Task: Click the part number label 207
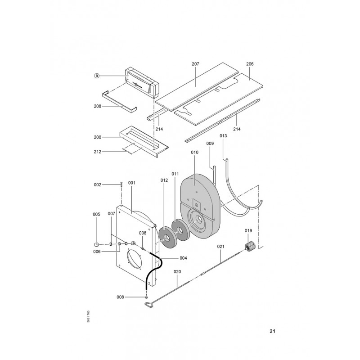pyautogui.click(x=195, y=64)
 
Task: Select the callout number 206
pyautogui.click(x=250, y=64)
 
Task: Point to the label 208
pyautogui.click(x=97, y=106)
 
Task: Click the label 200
pyautogui.click(x=97, y=136)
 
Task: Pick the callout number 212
pyautogui.click(x=97, y=152)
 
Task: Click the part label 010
pyautogui.click(x=194, y=153)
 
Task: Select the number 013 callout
pyautogui.click(x=223, y=135)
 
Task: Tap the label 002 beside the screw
pyautogui.click(x=97, y=184)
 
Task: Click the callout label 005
pyautogui.click(x=96, y=214)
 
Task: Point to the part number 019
pyautogui.click(x=248, y=231)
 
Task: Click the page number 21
pyautogui.click(x=272, y=332)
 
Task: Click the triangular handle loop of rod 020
pyautogui.click(x=148, y=306)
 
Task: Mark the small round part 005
pyautogui.click(x=96, y=244)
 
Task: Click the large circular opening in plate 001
pyautogui.click(x=134, y=261)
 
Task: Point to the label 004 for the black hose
pyautogui.click(x=183, y=258)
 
